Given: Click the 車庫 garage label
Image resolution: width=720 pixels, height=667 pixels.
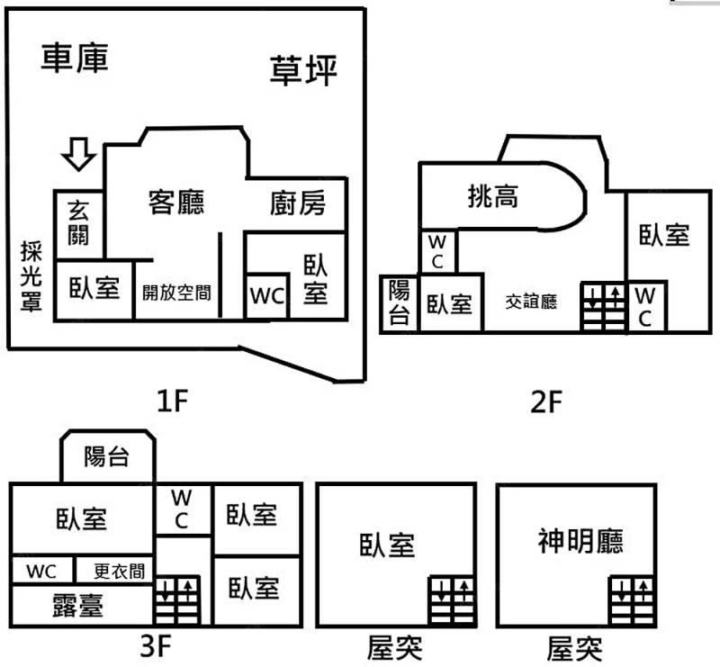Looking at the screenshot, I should coord(76,58).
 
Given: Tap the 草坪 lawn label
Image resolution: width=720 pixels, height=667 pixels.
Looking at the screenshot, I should coord(303,71).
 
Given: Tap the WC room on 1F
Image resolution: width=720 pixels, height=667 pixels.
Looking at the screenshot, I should coord(267,296).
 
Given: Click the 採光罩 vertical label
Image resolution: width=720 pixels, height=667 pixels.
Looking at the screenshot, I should coord(32,276).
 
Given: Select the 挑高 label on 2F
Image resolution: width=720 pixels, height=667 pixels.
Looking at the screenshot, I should coord(493,196).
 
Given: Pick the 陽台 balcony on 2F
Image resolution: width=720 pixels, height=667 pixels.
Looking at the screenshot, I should coord(399,302).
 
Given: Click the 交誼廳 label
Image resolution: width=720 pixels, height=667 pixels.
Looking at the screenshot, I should coord(530,302).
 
